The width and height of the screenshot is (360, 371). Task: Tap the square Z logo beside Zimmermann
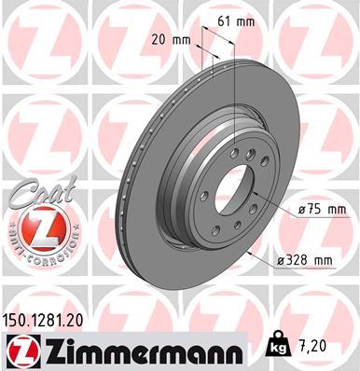click(19, 350)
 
